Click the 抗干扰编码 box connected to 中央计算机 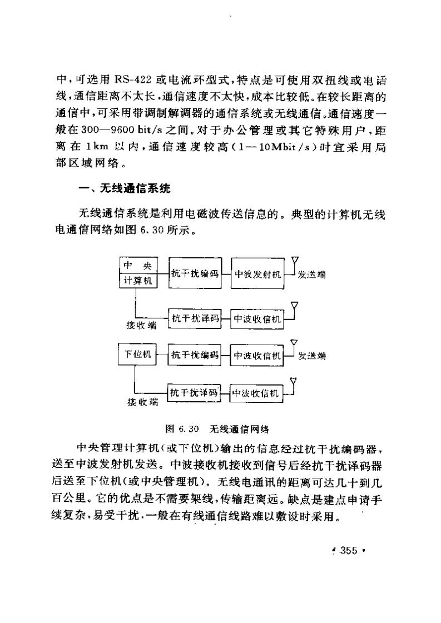195,273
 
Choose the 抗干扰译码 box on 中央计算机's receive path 195,318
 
